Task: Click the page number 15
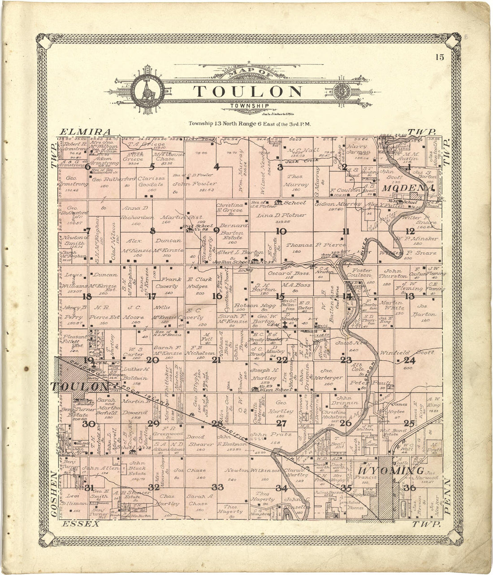(x=438, y=57)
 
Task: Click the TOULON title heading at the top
(x=248, y=91)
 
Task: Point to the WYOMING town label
(x=391, y=471)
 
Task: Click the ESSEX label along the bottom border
(x=81, y=524)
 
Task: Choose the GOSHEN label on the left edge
(x=54, y=494)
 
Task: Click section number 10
(x=281, y=232)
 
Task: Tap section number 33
(x=217, y=487)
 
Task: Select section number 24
(x=410, y=360)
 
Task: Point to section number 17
(x=152, y=296)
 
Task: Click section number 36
(x=409, y=488)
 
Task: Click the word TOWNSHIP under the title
(x=250, y=106)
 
